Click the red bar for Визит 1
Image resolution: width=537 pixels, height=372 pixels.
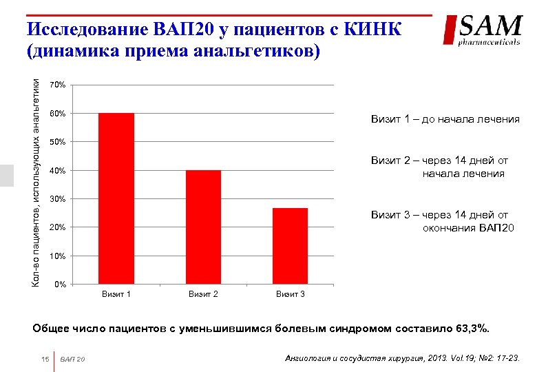click(x=116, y=198)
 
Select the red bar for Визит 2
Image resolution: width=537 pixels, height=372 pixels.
click(x=203, y=227)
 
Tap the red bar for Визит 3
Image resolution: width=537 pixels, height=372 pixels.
click(x=290, y=246)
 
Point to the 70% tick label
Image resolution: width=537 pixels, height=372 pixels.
click(x=59, y=85)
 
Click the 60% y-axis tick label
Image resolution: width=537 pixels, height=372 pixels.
click(x=59, y=113)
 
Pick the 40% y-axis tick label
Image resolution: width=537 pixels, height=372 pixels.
click(x=59, y=170)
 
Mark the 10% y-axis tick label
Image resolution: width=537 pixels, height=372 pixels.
click(x=59, y=256)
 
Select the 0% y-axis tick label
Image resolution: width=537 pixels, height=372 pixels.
click(x=60, y=285)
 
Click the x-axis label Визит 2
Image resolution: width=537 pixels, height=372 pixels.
click(x=203, y=295)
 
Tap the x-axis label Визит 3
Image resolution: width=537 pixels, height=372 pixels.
click(x=290, y=295)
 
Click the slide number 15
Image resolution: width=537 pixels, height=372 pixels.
click(x=45, y=359)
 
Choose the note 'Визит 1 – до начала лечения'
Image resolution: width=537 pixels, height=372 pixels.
click(x=445, y=119)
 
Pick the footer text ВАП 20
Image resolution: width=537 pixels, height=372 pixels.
click(x=72, y=359)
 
